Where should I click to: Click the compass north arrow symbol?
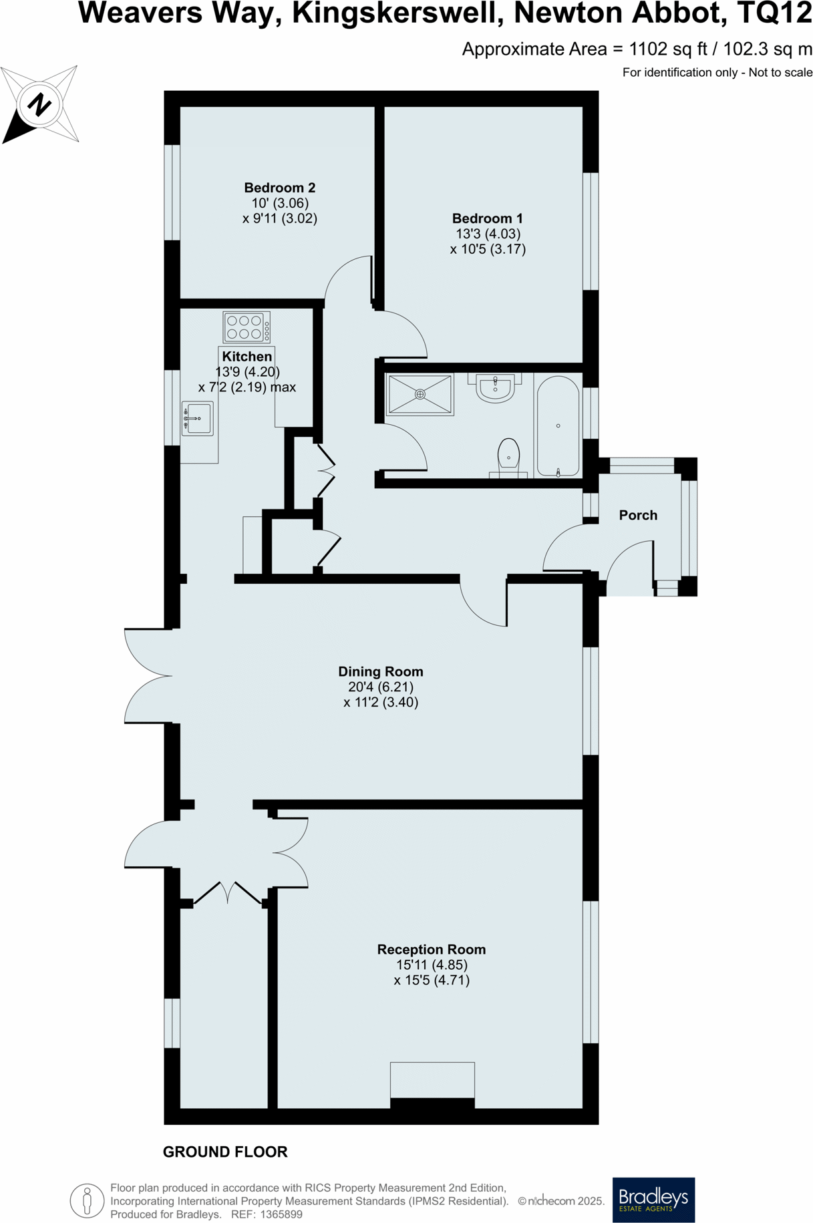39,105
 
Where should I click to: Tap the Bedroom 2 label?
279,188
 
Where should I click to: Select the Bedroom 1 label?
487,218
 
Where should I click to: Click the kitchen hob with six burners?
247,327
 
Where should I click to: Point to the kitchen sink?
197,419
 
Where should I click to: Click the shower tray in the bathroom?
420,395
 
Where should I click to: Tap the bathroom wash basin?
495,388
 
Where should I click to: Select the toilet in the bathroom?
508,457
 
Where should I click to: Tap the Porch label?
638,515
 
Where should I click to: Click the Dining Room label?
380,672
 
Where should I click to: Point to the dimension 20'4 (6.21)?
380,687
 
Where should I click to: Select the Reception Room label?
431,950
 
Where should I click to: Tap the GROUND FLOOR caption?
225,1152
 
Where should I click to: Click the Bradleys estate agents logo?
653,1200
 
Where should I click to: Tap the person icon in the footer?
87,1200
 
